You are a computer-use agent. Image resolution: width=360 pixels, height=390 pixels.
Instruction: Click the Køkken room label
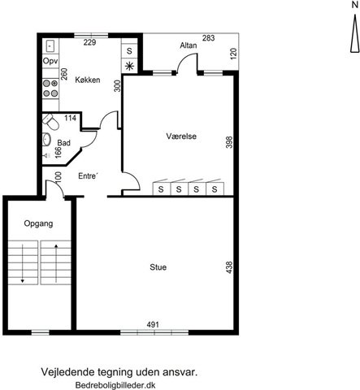tap(88, 80)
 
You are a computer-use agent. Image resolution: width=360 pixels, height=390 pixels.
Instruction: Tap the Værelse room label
tap(181, 136)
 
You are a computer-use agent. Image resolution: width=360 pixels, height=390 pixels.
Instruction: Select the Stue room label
tap(158, 267)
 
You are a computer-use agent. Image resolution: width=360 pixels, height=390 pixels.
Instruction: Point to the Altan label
tap(189, 45)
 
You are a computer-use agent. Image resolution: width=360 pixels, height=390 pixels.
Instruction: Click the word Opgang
tap(38, 223)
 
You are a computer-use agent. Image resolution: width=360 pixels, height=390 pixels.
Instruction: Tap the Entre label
tap(88, 176)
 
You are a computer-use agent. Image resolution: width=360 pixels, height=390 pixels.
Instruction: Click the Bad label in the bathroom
tap(64, 143)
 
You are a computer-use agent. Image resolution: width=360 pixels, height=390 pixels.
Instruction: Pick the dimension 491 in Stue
tap(153, 324)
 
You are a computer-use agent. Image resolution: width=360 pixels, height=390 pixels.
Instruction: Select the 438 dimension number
tap(229, 267)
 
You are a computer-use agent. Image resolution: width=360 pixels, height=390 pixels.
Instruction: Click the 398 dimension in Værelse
tap(229, 142)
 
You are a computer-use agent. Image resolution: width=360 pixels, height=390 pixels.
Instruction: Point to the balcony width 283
tap(208, 38)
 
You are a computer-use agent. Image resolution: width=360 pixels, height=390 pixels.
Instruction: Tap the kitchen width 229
tap(89, 42)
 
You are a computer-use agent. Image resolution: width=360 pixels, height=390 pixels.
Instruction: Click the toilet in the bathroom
tap(50, 122)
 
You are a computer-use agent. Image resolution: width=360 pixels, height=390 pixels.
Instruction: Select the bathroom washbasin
tap(46, 139)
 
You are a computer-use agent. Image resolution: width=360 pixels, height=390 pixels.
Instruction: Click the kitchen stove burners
tap(50, 89)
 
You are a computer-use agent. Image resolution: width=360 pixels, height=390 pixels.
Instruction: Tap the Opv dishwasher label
tap(50, 62)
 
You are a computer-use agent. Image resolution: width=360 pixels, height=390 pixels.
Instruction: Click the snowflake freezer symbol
tap(129, 66)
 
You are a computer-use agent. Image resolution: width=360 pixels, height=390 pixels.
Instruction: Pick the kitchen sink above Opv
tap(50, 45)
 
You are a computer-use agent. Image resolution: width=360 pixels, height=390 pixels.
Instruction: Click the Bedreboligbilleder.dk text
tap(115, 385)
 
